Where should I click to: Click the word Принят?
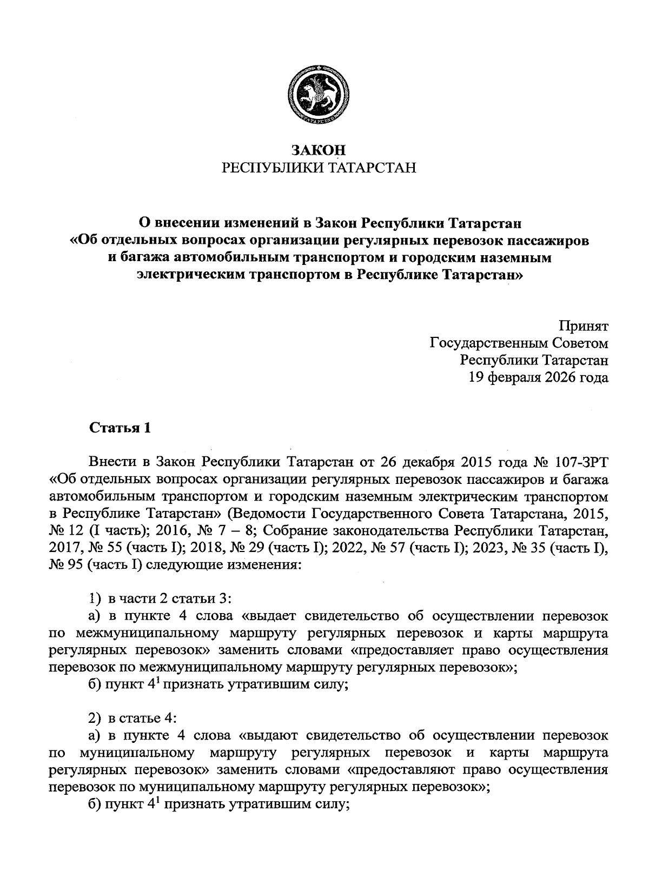(x=584, y=326)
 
